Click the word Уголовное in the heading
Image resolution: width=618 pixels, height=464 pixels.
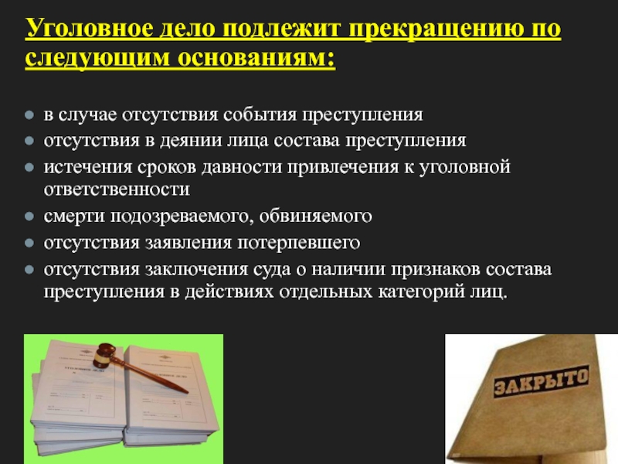tap(90, 29)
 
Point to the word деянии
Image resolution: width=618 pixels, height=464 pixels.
tap(191, 141)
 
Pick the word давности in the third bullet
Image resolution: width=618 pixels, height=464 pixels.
tap(242, 167)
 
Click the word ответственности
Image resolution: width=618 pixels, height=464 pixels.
tap(117, 189)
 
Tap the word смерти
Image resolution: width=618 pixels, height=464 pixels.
tap(74, 217)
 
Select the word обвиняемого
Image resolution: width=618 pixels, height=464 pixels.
tap(315, 217)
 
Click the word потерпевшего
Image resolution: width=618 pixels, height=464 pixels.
tap(298, 243)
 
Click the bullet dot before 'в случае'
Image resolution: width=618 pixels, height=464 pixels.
tap(29, 114)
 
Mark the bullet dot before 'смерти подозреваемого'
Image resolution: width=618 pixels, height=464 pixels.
tap(29, 217)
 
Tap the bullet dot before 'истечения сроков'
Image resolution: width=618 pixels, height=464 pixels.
tap(29, 167)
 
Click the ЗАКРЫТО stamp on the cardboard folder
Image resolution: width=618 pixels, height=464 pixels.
tap(542, 380)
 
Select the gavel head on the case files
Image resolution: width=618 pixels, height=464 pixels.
tap(104, 355)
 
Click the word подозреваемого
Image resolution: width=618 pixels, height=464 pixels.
tap(182, 217)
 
